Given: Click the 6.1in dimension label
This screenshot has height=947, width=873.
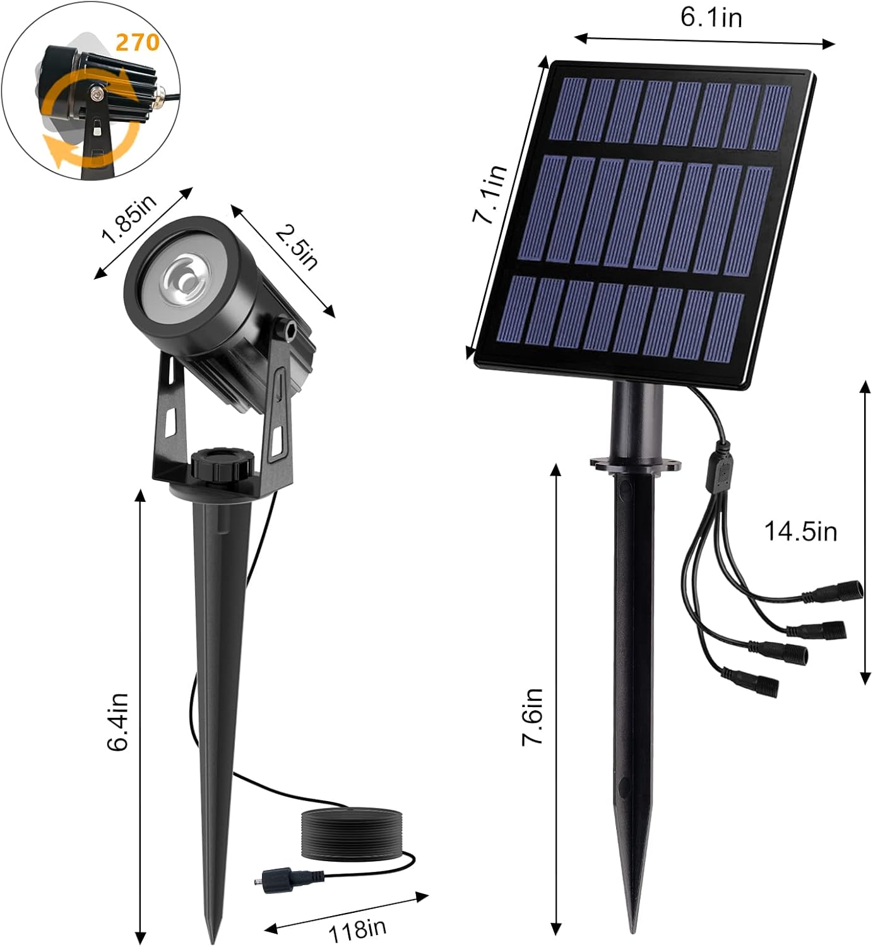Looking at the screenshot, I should coord(711,16).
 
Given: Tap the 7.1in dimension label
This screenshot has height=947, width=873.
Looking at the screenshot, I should coord(490,194).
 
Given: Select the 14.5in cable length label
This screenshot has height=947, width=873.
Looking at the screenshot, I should coord(800,532).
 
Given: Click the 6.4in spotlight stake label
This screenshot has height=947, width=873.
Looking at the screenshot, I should coord(118,721).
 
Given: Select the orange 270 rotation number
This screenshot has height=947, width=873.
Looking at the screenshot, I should coord(137,42).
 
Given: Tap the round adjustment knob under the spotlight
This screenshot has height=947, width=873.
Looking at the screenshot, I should coord(223,464).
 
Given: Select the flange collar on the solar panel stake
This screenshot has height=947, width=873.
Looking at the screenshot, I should coord(636,465).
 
